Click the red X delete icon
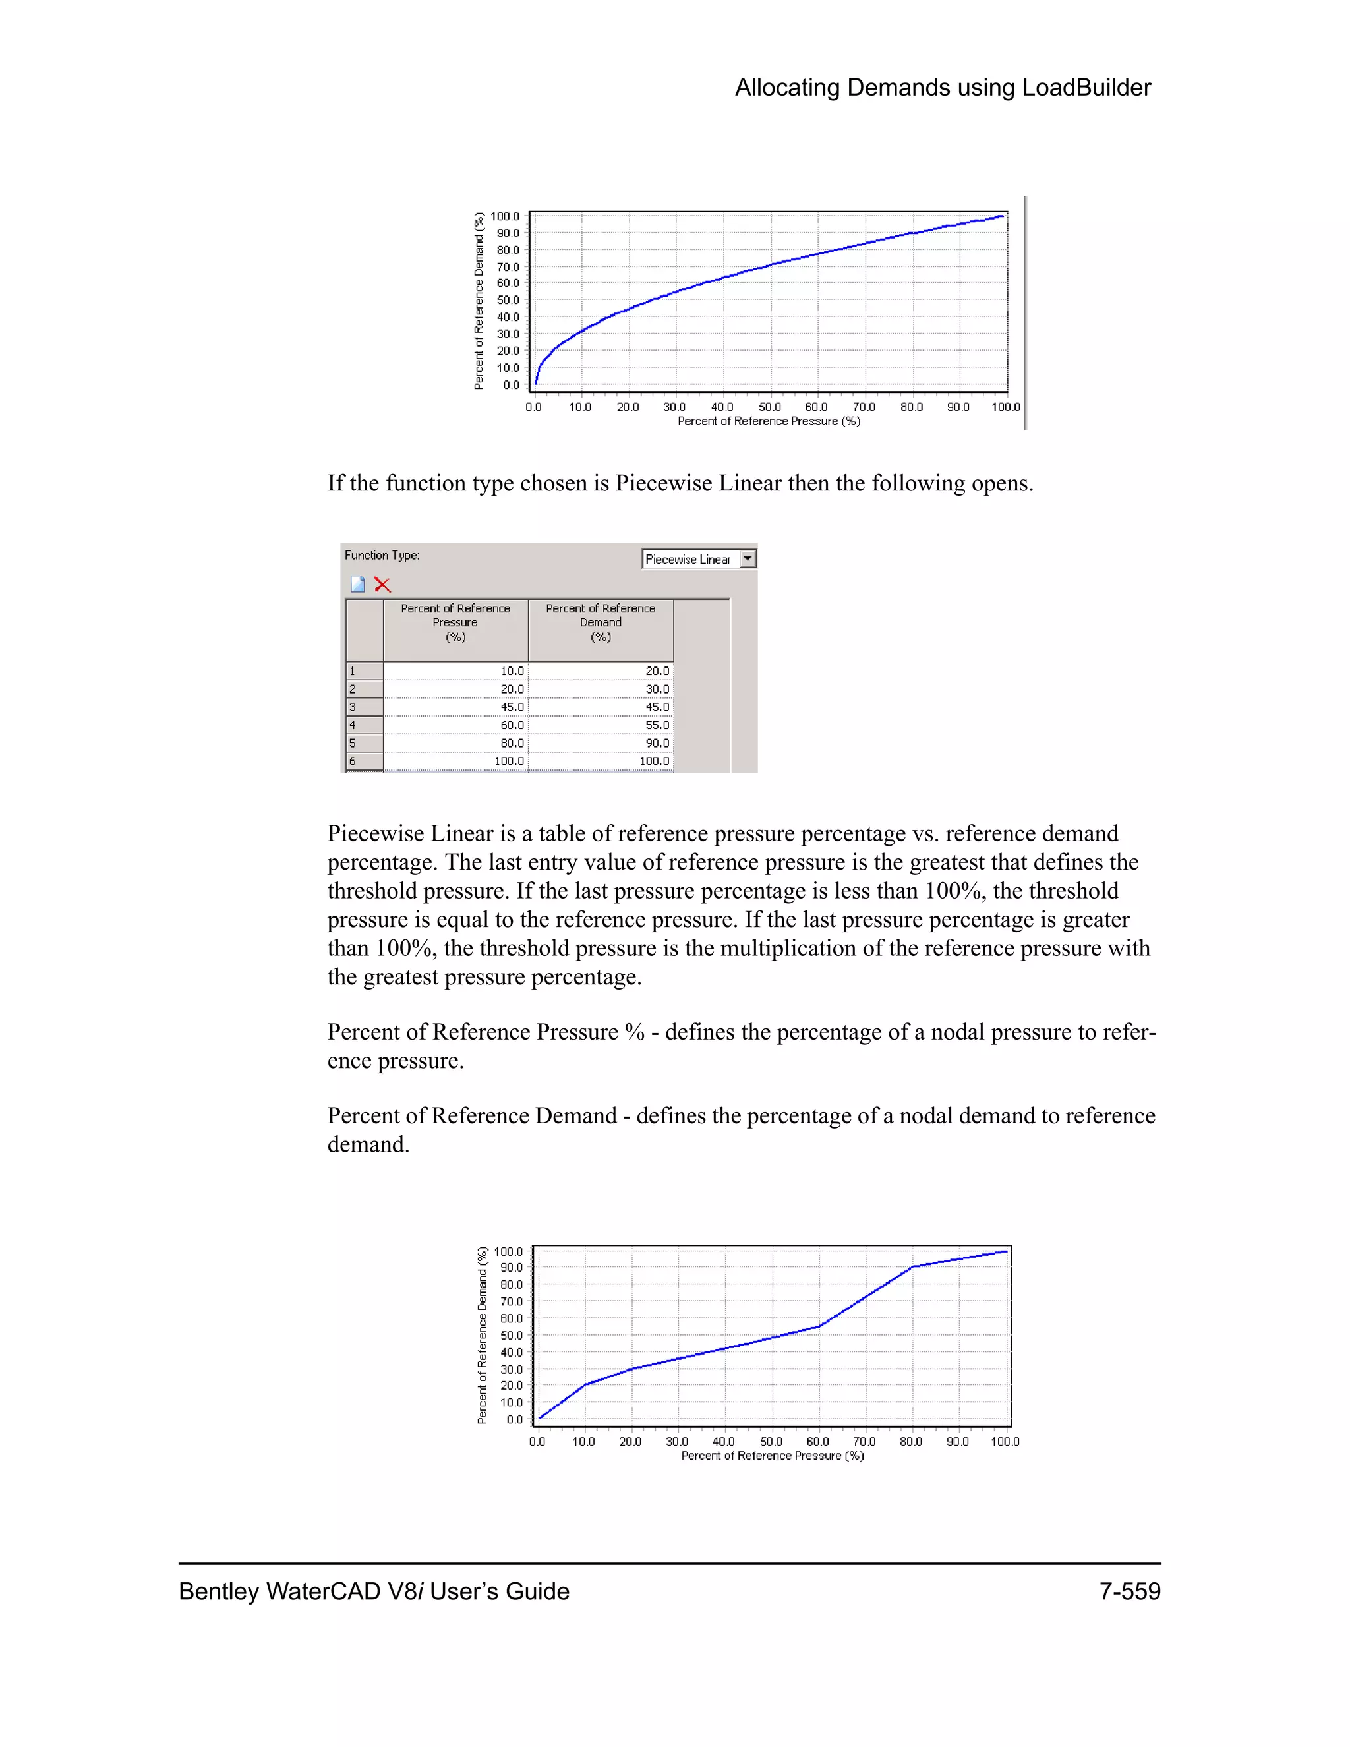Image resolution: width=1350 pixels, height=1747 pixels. tap(382, 585)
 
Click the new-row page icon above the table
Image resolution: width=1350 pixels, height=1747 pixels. tap(357, 585)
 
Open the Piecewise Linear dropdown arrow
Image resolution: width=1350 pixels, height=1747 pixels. tap(748, 559)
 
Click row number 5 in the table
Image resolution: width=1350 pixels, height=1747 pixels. tap(364, 743)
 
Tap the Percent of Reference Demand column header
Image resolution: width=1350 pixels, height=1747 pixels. tap(600, 622)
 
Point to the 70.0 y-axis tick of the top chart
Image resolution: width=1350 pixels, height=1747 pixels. tap(508, 267)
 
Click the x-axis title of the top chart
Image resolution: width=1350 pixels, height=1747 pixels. tap(769, 421)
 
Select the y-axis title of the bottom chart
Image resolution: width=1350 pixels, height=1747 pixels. tap(483, 1335)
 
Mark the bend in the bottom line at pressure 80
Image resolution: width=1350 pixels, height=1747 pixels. tap(912, 1267)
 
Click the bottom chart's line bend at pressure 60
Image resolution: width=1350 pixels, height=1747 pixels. tap(819, 1326)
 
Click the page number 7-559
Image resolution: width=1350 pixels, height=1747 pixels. tap(1129, 1591)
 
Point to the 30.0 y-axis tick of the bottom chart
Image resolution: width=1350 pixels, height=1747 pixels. tap(511, 1369)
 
